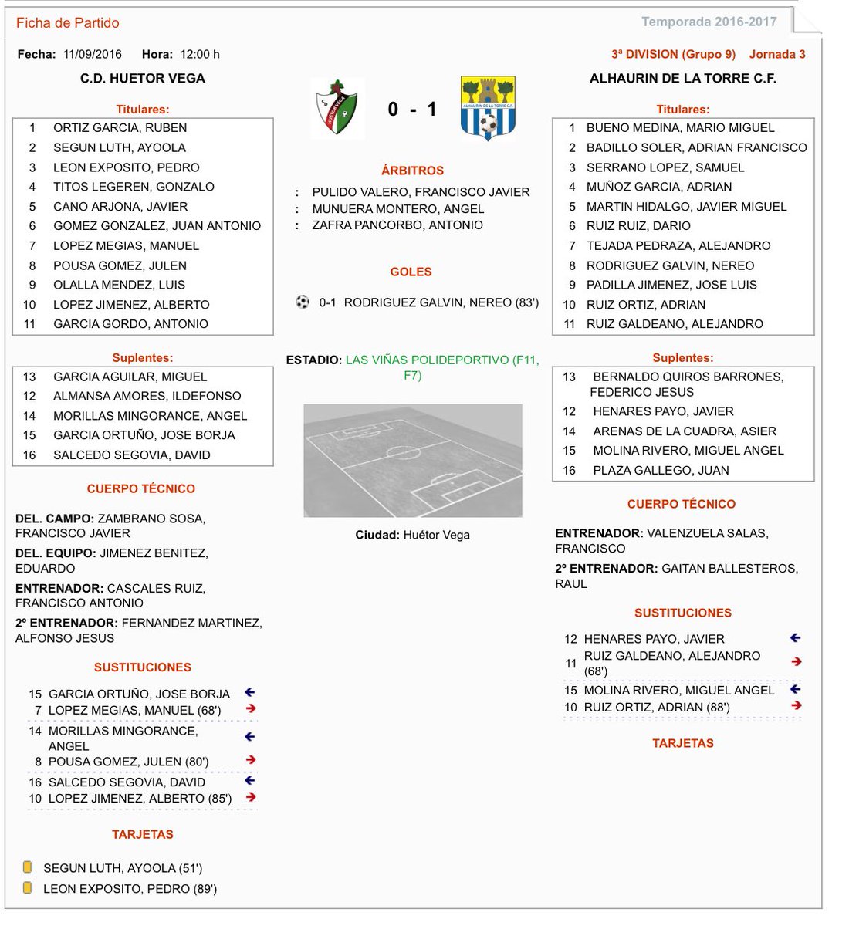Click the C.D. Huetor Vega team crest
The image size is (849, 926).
pos(337,108)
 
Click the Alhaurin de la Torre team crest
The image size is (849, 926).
pos(487,108)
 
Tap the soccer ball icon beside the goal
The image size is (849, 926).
pos(303,302)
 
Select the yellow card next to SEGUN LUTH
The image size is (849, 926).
pos(28,867)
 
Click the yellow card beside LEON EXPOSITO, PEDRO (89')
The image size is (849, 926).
pos(28,888)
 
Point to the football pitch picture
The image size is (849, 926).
pos(413,460)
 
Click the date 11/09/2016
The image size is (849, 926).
pos(93,54)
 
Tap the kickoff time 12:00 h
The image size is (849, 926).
pos(200,54)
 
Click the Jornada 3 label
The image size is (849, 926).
pos(776,54)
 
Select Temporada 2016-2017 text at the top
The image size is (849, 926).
pos(709,22)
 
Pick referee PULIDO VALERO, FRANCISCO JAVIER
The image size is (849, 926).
pos(421,192)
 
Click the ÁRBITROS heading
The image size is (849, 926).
pos(412,171)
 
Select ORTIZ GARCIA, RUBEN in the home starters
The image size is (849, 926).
pos(120,128)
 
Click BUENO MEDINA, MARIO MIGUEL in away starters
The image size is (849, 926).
pos(680,128)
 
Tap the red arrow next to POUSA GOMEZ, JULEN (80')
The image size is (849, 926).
pos(250,760)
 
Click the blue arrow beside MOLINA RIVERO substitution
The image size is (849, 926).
pos(796,689)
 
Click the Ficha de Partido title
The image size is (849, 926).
pos(68,23)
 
